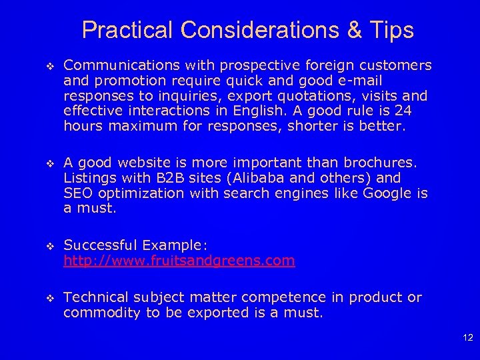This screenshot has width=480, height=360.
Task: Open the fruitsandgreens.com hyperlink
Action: coord(179,261)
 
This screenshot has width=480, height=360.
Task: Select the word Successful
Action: coord(99,246)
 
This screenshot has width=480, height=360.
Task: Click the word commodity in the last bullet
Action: coord(103,312)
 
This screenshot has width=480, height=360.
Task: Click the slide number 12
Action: coord(467,339)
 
